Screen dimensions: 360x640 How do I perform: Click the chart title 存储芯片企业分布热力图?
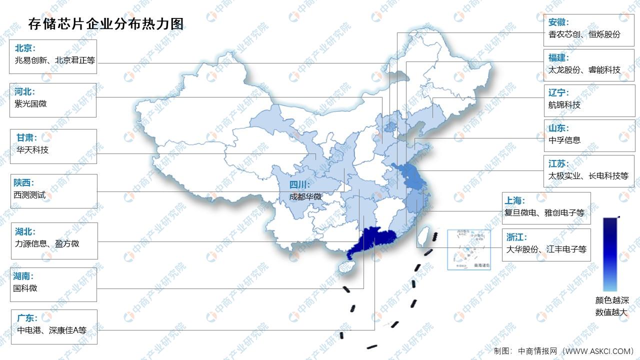click(x=102, y=23)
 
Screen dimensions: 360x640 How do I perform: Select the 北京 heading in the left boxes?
click(x=25, y=48)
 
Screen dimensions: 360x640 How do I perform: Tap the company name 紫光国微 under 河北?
click(x=31, y=104)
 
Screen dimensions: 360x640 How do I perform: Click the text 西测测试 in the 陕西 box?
click(x=29, y=195)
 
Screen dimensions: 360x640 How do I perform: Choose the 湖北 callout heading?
click(x=24, y=231)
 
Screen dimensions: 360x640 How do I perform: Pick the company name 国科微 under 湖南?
click(x=25, y=288)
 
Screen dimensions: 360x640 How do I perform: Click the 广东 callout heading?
click(x=26, y=318)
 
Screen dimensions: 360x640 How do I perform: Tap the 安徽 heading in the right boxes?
click(x=558, y=22)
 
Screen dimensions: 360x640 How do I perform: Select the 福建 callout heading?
click(x=558, y=57)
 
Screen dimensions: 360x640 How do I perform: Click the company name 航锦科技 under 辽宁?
click(x=564, y=105)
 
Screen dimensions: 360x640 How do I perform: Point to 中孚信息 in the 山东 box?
click(x=564, y=140)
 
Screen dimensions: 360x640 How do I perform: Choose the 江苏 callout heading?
click(x=558, y=164)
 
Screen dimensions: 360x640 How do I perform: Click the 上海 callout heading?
click(x=515, y=200)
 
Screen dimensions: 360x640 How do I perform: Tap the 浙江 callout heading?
click(x=516, y=237)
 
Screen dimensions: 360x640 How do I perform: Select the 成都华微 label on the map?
click(x=305, y=197)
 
